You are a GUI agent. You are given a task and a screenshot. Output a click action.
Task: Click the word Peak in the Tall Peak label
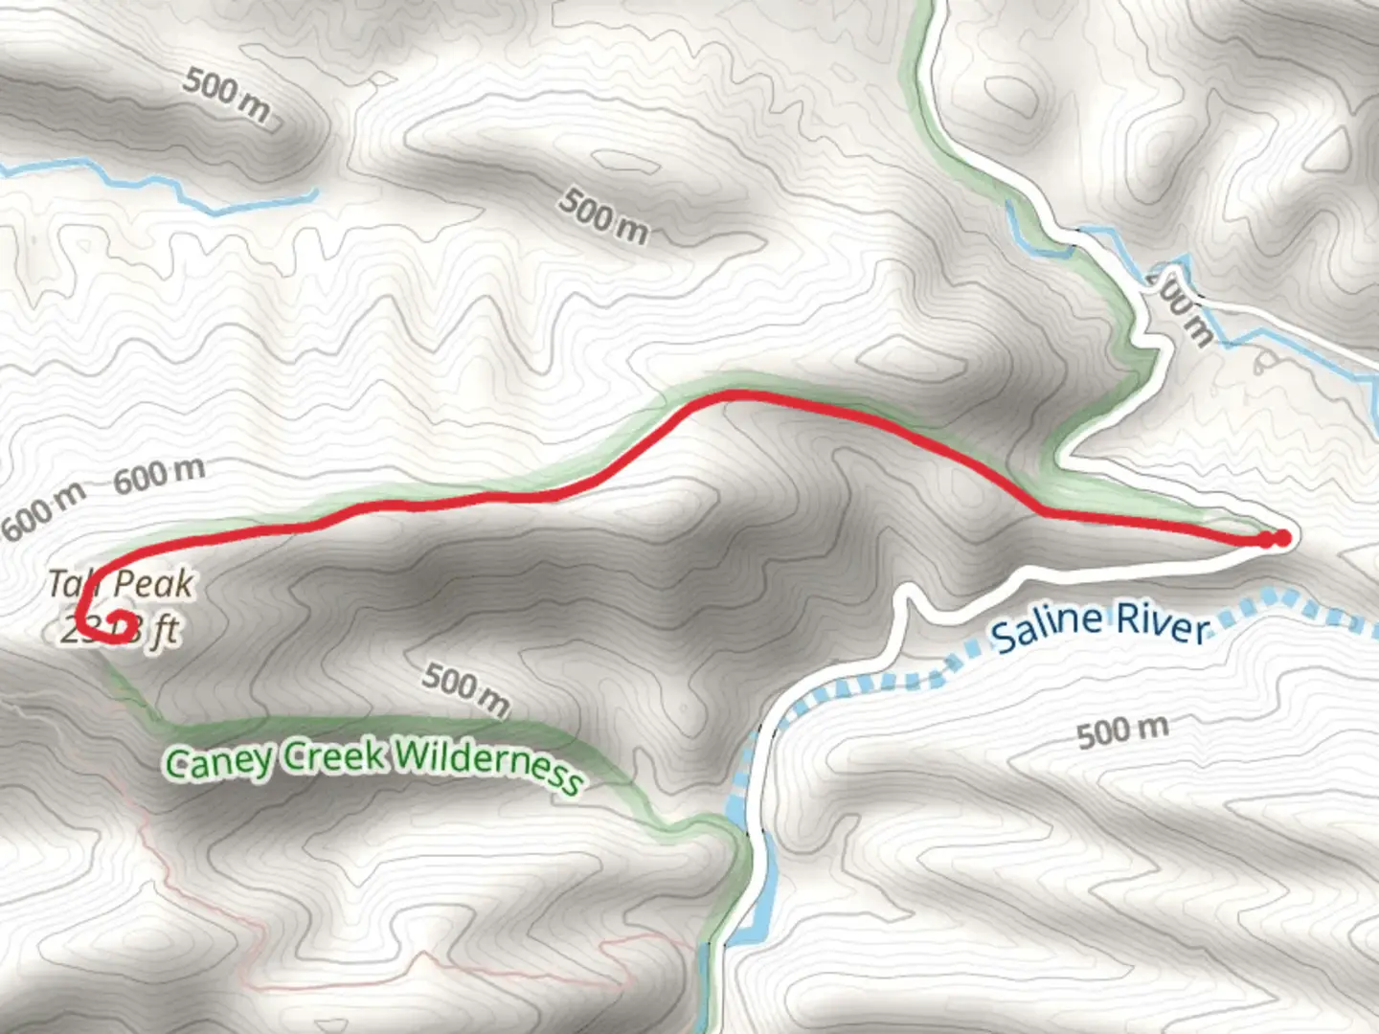[153, 583]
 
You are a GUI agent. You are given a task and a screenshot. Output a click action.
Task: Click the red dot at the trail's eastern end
[1281, 538]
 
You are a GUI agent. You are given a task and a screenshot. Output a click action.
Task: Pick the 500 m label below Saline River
[1122, 731]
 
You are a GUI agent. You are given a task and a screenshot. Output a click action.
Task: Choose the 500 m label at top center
[603, 215]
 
